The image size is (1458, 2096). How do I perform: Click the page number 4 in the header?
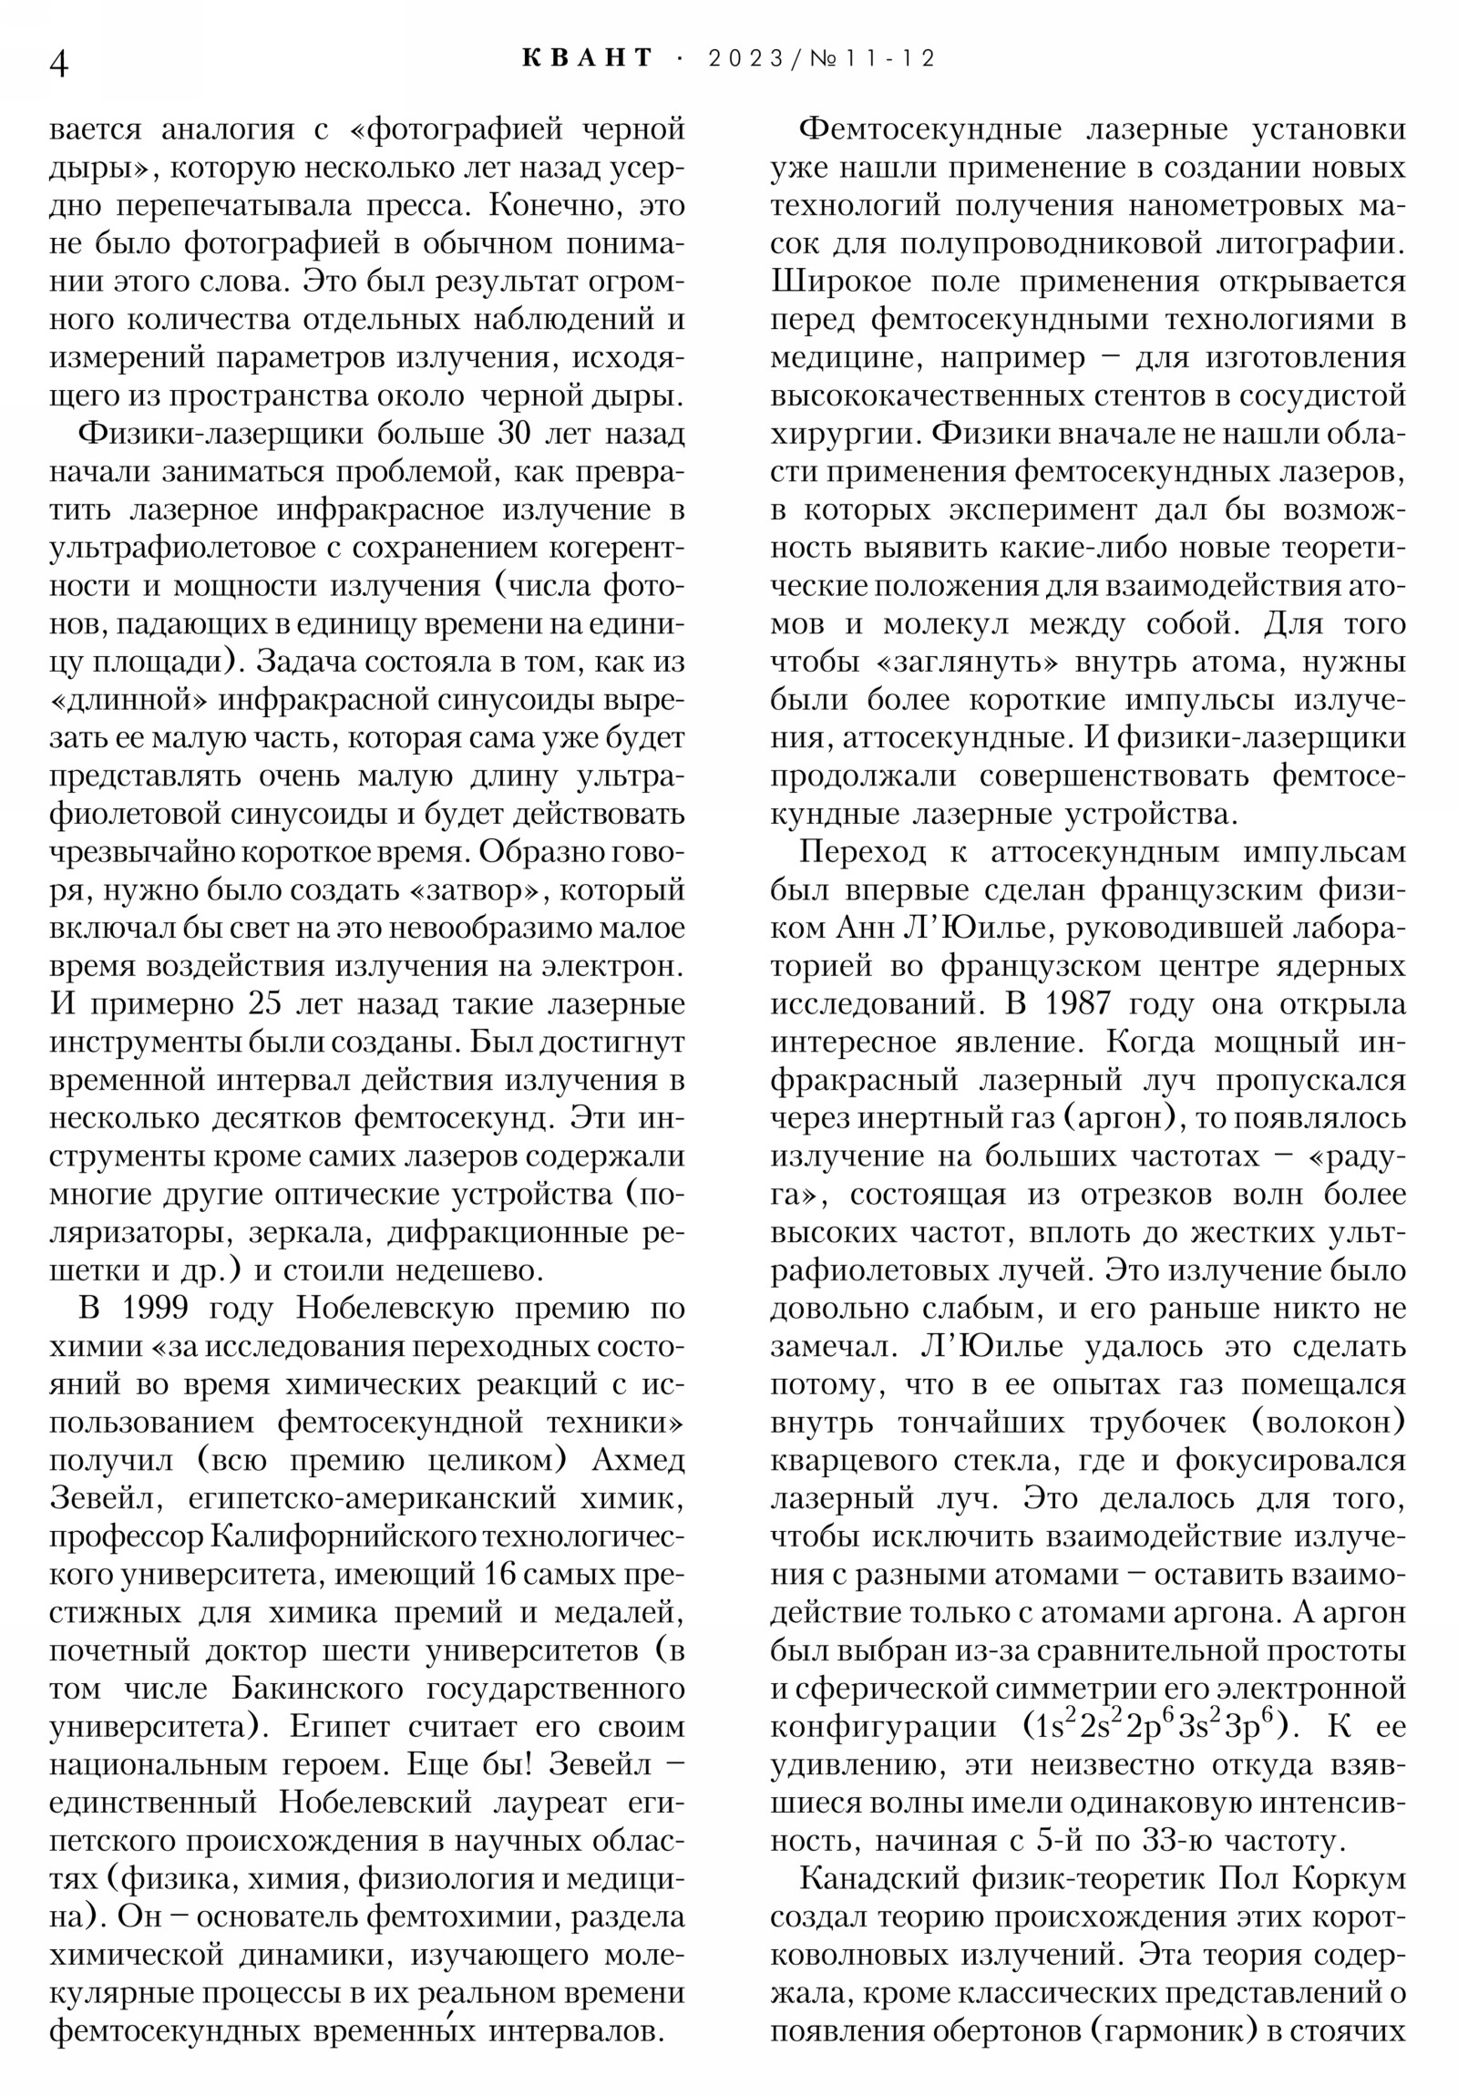click(58, 64)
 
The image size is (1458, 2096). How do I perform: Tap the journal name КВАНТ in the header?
click(588, 59)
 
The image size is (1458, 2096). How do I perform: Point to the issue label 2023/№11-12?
click(822, 59)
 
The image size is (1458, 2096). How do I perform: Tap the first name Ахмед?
click(639, 1461)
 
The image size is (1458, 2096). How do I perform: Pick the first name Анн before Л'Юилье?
click(866, 929)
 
